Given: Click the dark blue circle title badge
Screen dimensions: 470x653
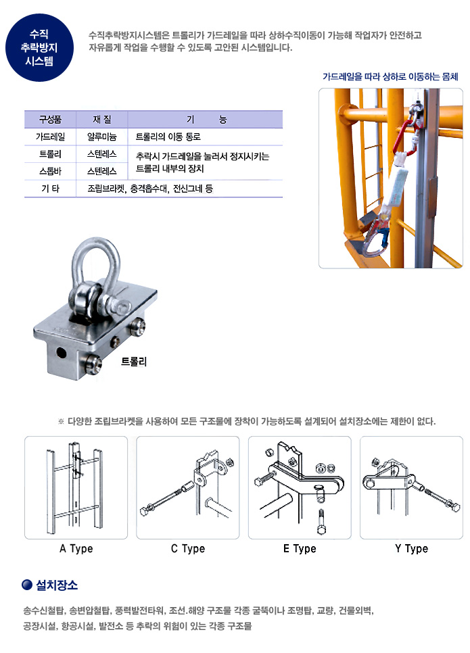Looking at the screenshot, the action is coord(39,47).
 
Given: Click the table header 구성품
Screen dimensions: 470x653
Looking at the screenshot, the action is coord(50,120).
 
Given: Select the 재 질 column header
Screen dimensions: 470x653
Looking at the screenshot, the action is coord(101,120).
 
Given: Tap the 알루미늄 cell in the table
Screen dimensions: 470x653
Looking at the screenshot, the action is coord(101,137).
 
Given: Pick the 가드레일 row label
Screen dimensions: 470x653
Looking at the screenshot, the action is coord(50,137).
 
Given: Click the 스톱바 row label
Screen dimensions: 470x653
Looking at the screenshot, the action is coord(50,171).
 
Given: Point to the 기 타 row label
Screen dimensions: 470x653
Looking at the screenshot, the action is coord(50,189).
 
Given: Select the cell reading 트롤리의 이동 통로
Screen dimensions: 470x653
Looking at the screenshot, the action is coord(168,137).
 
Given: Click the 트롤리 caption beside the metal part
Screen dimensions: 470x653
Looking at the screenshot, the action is coord(134,362).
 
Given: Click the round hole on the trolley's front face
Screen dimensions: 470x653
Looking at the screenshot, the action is coord(62,353).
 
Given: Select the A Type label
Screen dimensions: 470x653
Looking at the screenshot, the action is coord(76,548).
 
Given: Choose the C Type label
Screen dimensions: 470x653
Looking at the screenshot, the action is coord(188,548).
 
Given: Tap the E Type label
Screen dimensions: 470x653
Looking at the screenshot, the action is coord(300,548).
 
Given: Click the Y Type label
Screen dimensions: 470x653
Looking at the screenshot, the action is coord(412,548).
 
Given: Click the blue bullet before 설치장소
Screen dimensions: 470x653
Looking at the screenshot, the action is coord(27,585).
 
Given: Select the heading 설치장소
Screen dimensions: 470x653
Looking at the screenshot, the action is coord(57,585).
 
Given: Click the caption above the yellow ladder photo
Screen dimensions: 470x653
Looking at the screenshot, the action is coord(390,76).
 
